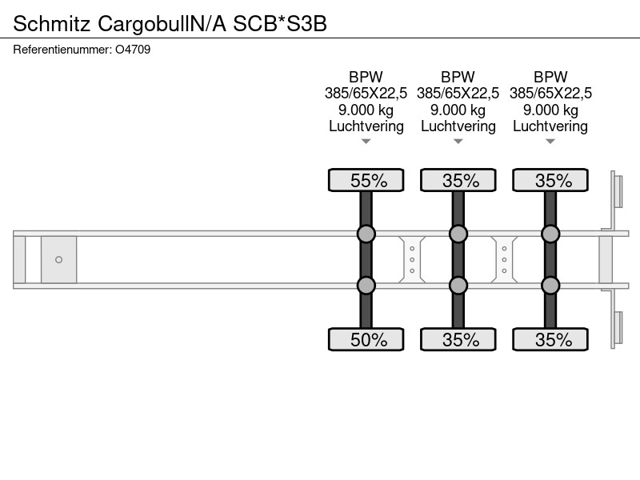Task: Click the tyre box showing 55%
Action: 366,180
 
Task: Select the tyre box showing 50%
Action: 366,339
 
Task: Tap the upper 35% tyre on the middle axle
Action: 458,180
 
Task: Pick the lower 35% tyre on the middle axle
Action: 458,339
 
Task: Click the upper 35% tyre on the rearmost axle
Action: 550,180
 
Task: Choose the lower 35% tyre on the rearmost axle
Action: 550,339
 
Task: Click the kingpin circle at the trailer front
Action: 58,259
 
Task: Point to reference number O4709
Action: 133,50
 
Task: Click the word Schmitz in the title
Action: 51,24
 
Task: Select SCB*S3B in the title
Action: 279,24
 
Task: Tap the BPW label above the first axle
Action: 366,77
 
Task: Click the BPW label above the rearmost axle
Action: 550,77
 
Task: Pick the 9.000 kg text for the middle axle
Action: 458,110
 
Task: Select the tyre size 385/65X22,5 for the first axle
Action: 366,94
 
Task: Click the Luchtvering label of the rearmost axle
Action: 550,126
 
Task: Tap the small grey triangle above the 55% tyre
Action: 366,142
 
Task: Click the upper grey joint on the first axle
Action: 366,234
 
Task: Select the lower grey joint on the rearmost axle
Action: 550,286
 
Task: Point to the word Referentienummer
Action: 62,50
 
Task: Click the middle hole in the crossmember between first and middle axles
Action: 412,259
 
